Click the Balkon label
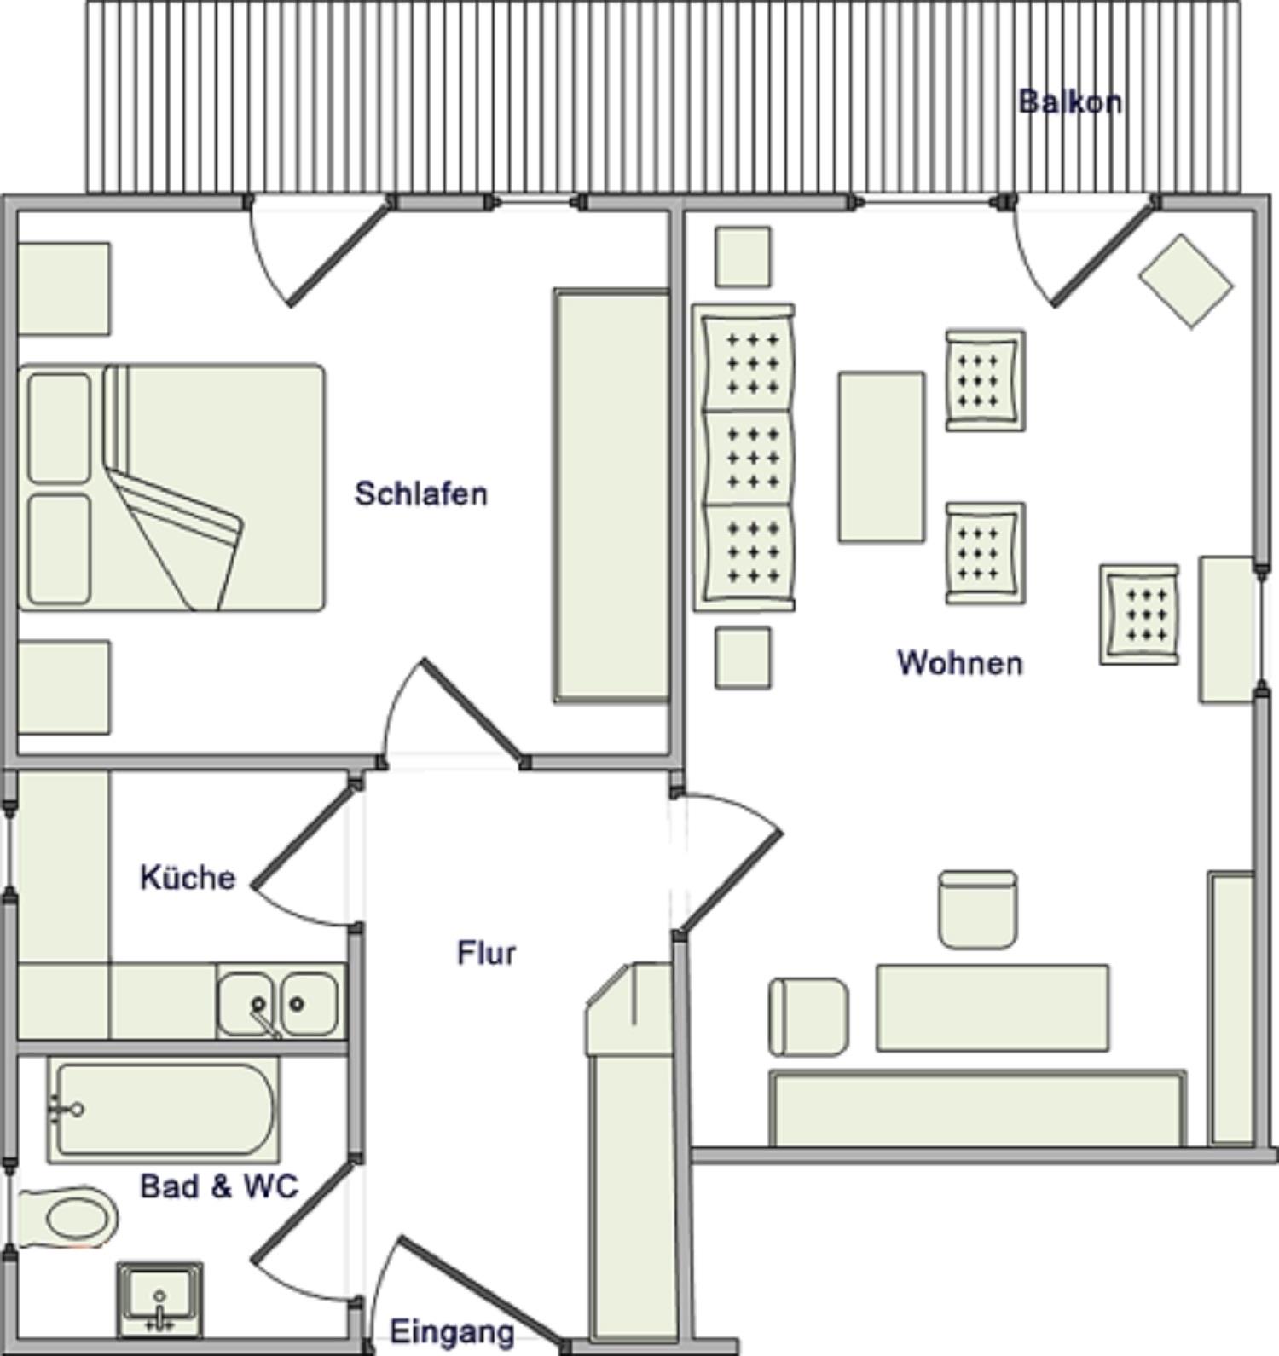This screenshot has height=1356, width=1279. (x=1070, y=102)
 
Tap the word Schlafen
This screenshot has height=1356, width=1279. (x=421, y=493)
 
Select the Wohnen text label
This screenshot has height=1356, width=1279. (x=960, y=662)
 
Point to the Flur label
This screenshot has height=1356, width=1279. (x=487, y=952)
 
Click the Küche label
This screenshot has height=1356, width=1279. (x=188, y=877)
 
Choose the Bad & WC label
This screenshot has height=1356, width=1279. (x=219, y=1186)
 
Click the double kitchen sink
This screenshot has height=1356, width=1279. (x=279, y=1002)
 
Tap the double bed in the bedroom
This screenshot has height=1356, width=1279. (x=171, y=487)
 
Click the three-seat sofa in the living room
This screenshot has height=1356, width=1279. (x=744, y=458)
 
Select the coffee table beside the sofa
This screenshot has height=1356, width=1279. (x=881, y=457)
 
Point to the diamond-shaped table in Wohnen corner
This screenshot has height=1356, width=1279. (x=1186, y=280)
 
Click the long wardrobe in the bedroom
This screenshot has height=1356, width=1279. (x=611, y=496)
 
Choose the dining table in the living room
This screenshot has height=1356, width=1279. (x=993, y=1007)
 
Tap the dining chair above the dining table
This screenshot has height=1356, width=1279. (x=977, y=909)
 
